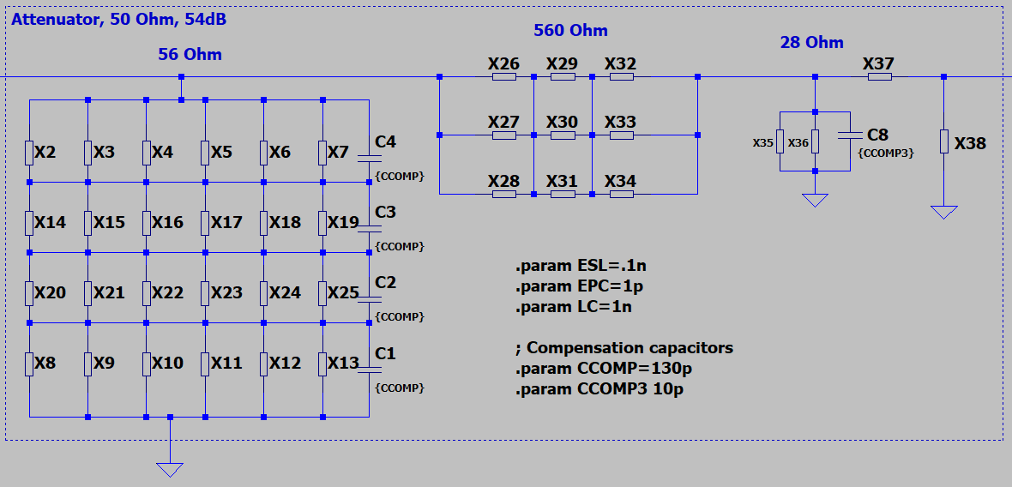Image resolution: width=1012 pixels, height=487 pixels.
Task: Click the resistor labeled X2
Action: pyautogui.click(x=29, y=153)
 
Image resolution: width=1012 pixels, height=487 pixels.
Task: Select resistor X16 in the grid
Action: pyautogui.click(x=146, y=223)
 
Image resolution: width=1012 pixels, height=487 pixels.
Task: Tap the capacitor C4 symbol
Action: pyautogui.click(x=369, y=159)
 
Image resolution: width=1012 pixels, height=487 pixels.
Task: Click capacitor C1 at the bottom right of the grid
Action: pyautogui.click(x=369, y=370)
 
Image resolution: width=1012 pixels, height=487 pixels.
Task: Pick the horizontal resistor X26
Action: pyautogui.click(x=504, y=77)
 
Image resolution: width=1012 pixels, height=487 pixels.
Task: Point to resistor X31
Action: pyautogui.click(x=563, y=195)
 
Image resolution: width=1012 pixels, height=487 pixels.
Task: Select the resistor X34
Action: pyautogui.click(x=621, y=195)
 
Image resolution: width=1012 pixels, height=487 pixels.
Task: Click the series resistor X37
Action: pyautogui.click(x=879, y=77)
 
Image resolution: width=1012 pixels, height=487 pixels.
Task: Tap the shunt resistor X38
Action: pyautogui.click(x=943, y=141)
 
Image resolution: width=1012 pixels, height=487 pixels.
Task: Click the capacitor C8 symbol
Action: pyautogui.click(x=849, y=135)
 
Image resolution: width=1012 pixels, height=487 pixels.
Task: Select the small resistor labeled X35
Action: pyautogui.click(x=780, y=141)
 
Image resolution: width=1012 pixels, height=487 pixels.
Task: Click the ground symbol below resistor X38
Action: pyautogui.click(x=943, y=211)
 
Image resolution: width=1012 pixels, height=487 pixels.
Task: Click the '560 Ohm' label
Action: pyautogui.click(x=570, y=31)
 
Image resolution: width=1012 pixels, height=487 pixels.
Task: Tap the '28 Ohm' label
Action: pyautogui.click(x=811, y=43)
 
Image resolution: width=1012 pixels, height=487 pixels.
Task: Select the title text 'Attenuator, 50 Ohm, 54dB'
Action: pyautogui.click(x=119, y=19)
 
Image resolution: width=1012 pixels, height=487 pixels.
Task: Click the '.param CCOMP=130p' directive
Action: pyautogui.click(x=604, y=369)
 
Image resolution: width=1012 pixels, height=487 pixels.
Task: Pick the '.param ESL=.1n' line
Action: pyautogui.click(x=581, y=267)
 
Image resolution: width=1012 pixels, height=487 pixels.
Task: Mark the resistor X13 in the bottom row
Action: pyautogui.click(x=322, y=364)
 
